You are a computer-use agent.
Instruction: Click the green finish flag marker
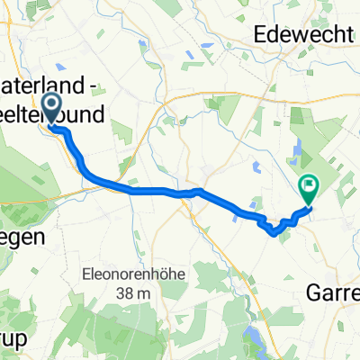[309, 188]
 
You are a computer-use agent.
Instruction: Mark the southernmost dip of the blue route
[274, 232]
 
